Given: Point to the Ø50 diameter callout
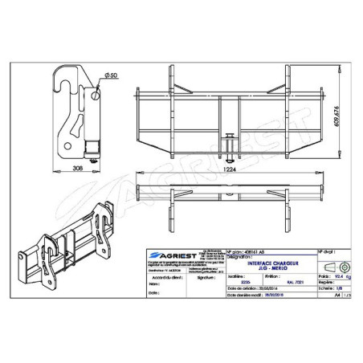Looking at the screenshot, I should tap(109, 75).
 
